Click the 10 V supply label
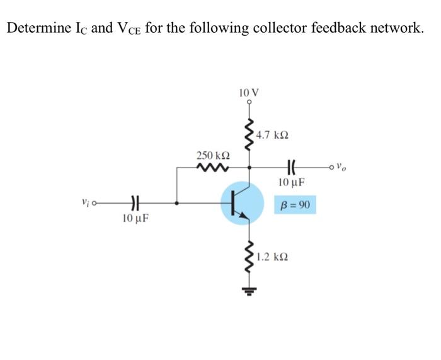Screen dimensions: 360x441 pyautogui.click(x=249, y=92)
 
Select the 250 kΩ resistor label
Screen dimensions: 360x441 pyautogui.click(x=212, y=155)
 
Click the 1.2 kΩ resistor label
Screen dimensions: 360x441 pyautogui.click(x=273, y=258)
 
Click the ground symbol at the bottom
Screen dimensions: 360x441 pyautogui.click(x=250, y=291)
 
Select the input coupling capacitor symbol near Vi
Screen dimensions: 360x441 pyautogui.click(x=134, y=203)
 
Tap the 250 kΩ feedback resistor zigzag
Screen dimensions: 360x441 pyautogui.click(x=212, y=168)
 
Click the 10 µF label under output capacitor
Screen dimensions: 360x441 pyautogui.click(x=291, y=183)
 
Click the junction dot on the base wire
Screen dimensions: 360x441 pyautogui.click(x=176, y=203)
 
